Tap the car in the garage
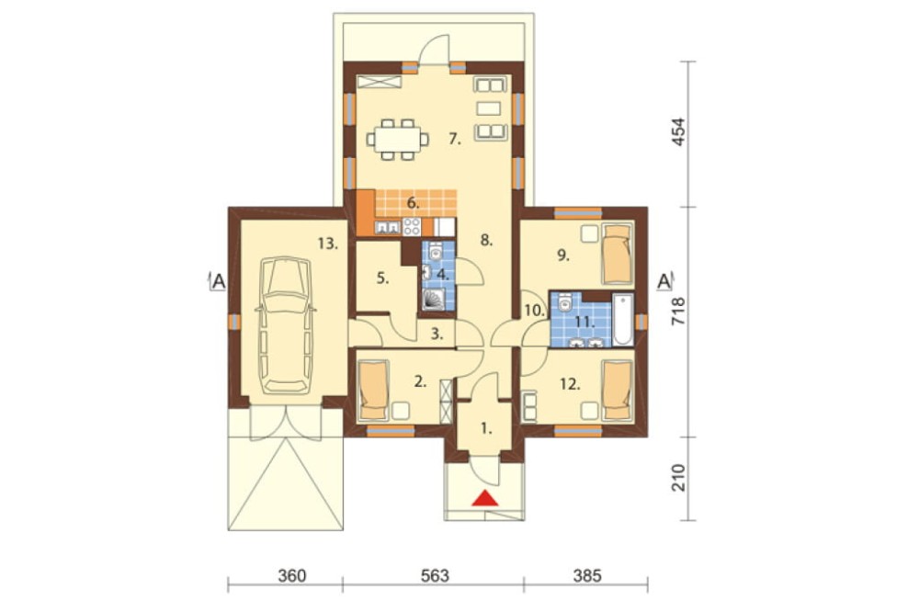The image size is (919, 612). point(286,324)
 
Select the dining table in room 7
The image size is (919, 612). point(398,140)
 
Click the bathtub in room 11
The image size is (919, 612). point(622,321)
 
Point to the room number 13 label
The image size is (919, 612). point(328,244)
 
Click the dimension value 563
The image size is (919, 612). point(435,575)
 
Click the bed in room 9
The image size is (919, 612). point(618,254)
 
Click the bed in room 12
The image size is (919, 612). point(618,391)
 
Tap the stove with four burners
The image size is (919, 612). point(412,226)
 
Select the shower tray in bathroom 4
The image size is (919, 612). point(435,299)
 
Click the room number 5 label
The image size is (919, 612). point(382,278)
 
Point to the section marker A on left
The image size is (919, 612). point(218,281)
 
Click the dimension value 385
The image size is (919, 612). point(586,575)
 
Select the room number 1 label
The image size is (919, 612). point(486,428)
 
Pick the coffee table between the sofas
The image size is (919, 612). point(489,108)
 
